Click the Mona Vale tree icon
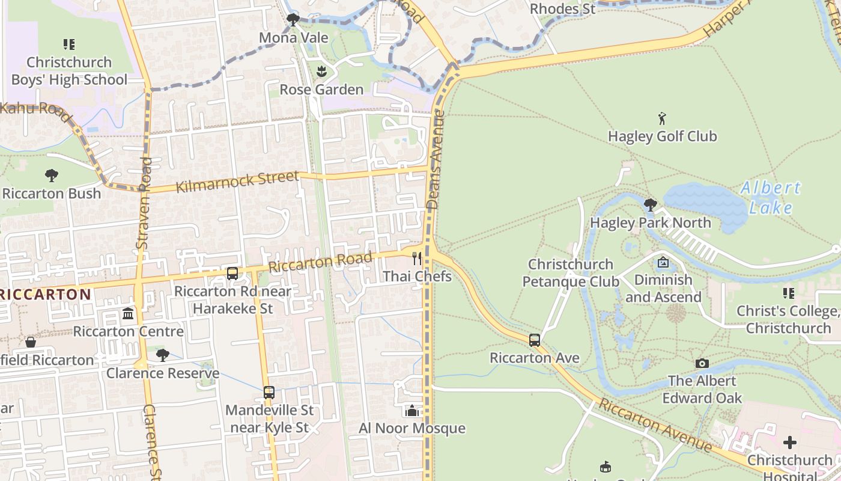pos(293,20)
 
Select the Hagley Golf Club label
pos(662,136)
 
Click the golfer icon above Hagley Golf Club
pos(662,118)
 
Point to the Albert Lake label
pos(771,198)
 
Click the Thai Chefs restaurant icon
pos(417,259)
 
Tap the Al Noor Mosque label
pos(411,429)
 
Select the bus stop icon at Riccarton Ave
pos(535,340)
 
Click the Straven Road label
pos(144,203)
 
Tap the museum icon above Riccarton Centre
pos(128,314)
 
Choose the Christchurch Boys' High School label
pos(69,71)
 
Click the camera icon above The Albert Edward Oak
pos(702,363)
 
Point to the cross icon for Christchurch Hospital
pos(790,443)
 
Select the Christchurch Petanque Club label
pos(570,273)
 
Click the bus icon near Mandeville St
pos(269,393)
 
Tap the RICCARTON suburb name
pos(46,295)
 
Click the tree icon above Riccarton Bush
pos(52,176)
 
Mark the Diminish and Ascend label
pos(663,289)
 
